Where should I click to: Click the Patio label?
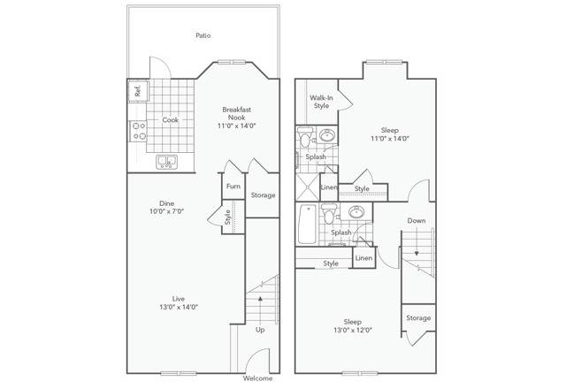click(203, 36)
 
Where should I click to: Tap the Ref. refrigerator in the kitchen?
click(138, 90)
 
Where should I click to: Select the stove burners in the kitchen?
click(137, 132)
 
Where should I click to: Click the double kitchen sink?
click(166, 162)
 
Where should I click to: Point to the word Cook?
click(171, 120)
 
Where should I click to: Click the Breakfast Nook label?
click(236, 115)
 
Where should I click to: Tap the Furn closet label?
click(233, 187)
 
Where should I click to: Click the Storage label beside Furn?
click(263, 195)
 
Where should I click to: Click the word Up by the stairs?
click(260, 331)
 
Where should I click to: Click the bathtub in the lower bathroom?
click(306, 225)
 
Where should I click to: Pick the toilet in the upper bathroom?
click(305, 140)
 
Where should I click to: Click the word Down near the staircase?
click(417, 220)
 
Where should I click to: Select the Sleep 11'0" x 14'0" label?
click(389, 133)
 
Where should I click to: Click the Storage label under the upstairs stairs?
click(418, 318)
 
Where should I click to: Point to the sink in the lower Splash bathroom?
click(356, 213)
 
